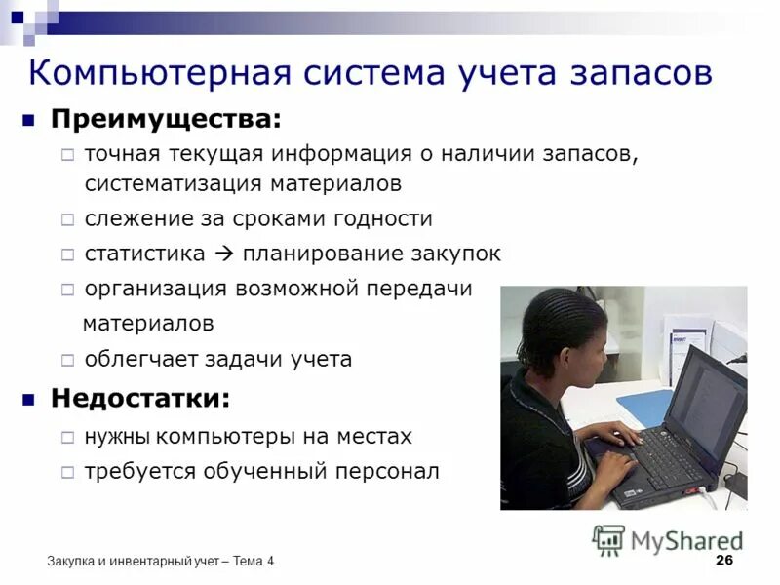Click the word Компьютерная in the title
(x=159, y=73)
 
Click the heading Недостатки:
(x=141, y=399)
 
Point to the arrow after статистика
(x=222, y=254)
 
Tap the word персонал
(x=390, y=472)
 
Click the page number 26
(x=723, y=560)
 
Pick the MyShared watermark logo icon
(x=608, y=540)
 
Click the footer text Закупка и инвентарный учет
(x=133, y=561)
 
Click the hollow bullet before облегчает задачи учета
(x=66, y=360)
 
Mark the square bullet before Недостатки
(x=29, y=399)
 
